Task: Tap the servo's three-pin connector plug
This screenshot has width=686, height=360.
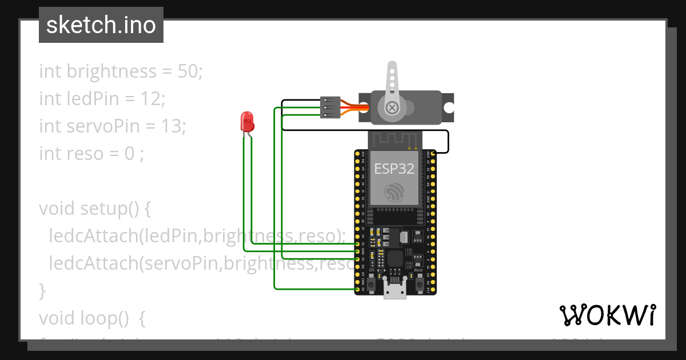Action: [330, 107]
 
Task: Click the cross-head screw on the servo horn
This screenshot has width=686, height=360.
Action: [392, 107]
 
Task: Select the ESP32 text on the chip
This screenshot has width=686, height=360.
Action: [394, 168]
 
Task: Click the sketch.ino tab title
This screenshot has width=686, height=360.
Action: [101, 25]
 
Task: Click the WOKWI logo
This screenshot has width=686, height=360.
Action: [607, 315]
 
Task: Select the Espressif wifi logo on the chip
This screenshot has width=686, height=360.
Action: [394, 193]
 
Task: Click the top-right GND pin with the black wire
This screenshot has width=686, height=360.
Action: [433, 153]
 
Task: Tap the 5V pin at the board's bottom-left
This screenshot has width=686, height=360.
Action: [357, 290]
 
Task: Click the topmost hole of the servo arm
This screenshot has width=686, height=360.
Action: [392, 67]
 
